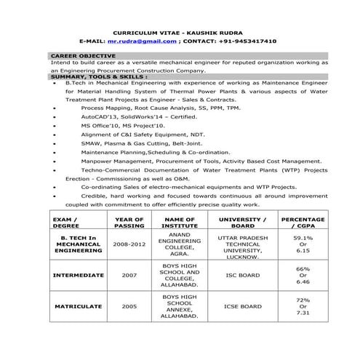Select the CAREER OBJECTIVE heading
click(83, 56)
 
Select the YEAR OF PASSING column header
click(129, 222)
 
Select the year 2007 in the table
click(129, 276)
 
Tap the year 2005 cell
click(129, 306)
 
